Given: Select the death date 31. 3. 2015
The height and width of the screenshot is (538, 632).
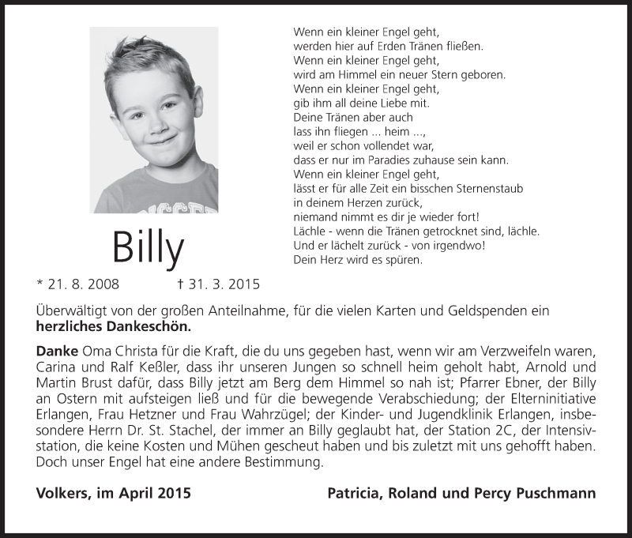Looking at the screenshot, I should pyautogui.click(x=219, y=283).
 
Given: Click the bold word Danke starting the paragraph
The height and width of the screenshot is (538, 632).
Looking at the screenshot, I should pyautogui.click(x=57, y=350).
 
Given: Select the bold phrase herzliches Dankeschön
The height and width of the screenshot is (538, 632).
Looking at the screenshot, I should pyautogui.click(x=113, y=326).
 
